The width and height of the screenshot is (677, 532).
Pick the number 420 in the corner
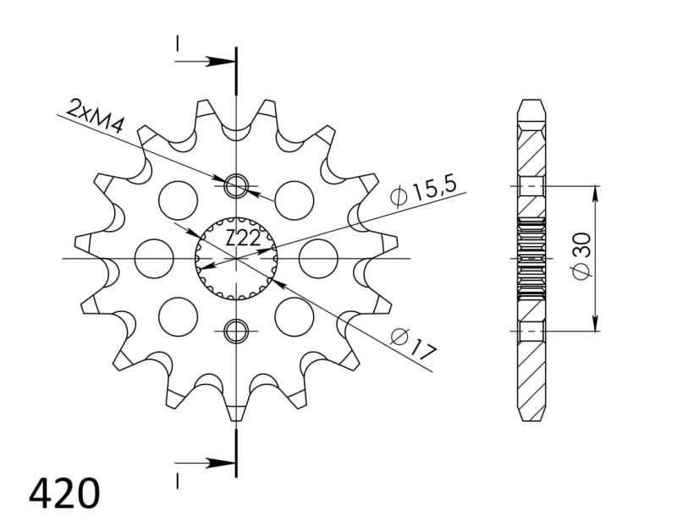[x=64, y=492]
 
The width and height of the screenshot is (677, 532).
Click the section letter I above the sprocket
[x=178, y=43]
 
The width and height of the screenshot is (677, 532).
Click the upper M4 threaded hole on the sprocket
[x=236, y=184]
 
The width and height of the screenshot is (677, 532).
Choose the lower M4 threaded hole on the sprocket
[x=236, y=330]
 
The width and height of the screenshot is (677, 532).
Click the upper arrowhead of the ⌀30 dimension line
[x=597, y=191]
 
